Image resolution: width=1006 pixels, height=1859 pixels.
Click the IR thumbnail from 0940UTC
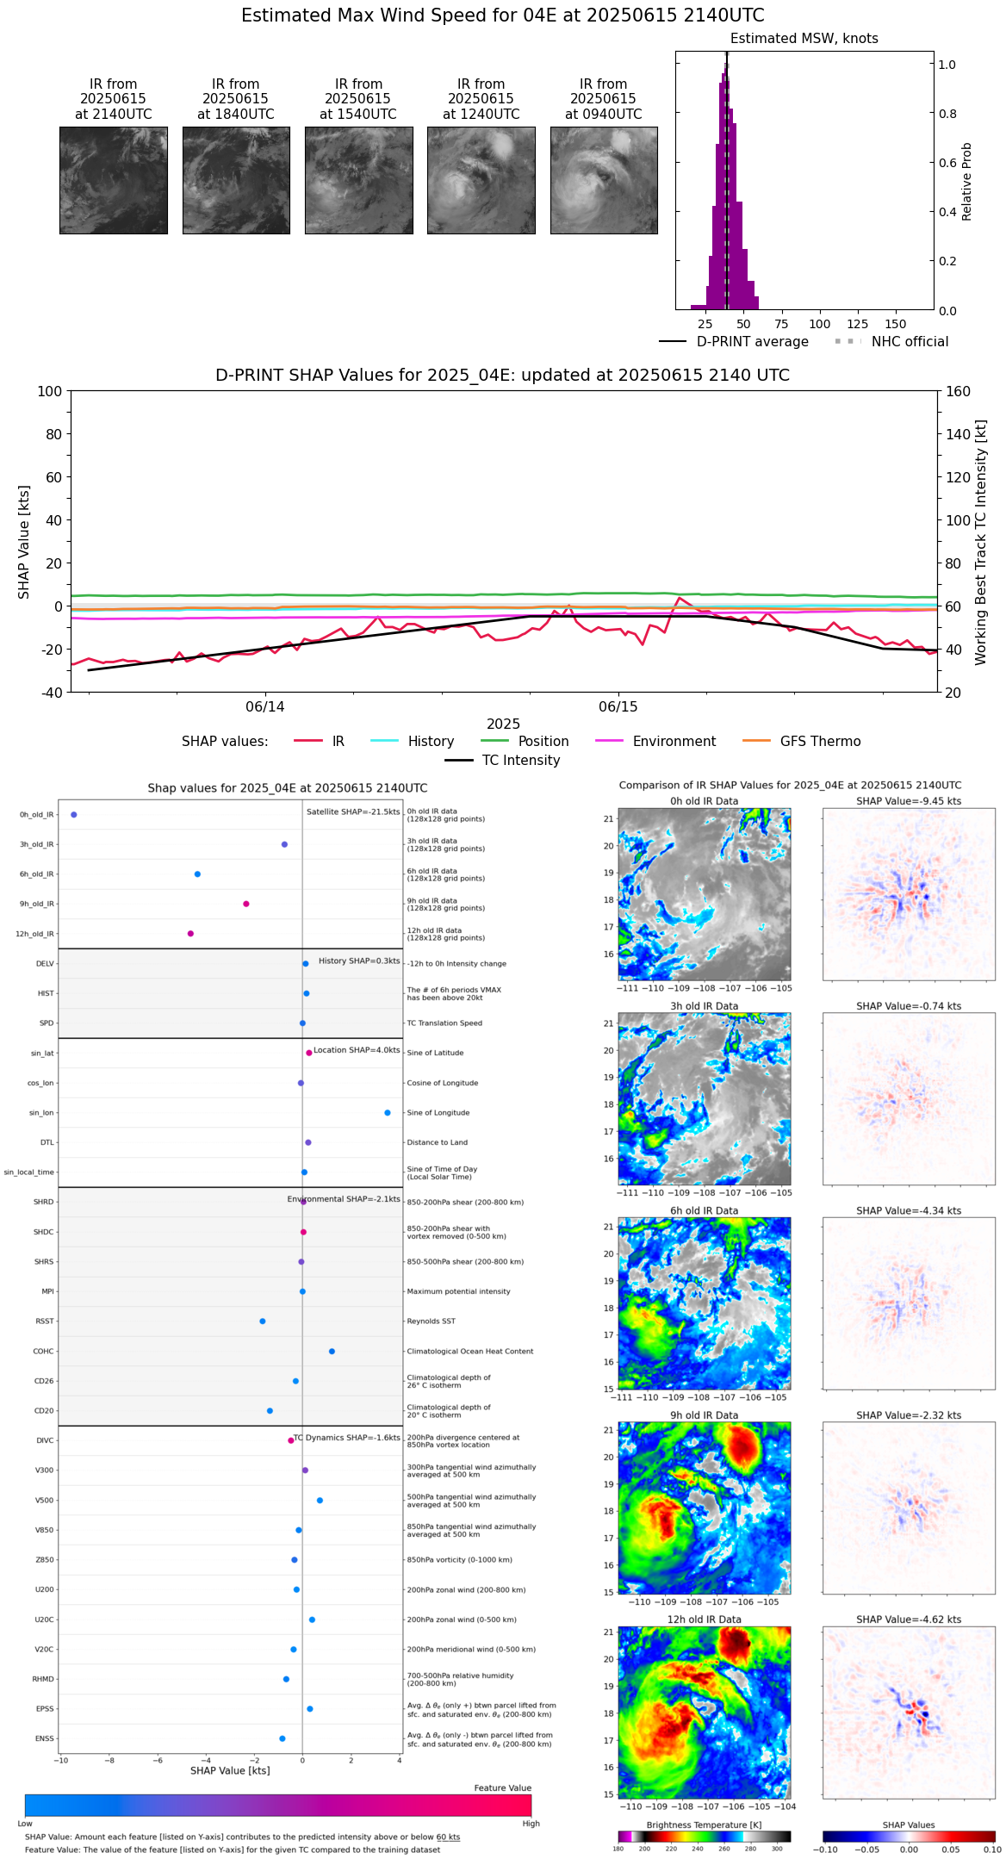click(604, 180)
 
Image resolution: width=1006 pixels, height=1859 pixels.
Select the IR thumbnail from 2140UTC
click(114, 180)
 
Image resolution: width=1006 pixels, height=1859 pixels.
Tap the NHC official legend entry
click(910, 342)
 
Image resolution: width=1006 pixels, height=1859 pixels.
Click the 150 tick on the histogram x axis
click(896, 324)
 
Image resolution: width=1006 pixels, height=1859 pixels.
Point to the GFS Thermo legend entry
click(820, 742)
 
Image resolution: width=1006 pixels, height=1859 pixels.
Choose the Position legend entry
click(543, 742)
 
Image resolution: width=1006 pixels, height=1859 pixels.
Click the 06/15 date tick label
click(618, 707)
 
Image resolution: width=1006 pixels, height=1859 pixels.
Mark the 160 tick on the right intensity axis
click(959, 392)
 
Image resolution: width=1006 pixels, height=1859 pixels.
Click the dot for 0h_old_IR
click(74, 815)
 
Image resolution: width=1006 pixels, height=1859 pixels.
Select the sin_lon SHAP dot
click(388, 1113)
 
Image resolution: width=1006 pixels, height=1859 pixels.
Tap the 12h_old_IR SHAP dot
click(190, 934)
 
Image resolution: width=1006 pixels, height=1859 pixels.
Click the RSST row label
click(44, 1321)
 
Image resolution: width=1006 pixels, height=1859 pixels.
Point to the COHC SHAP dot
click(332, 1352)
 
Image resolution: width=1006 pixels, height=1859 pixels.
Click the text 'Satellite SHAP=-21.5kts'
click(353, 812)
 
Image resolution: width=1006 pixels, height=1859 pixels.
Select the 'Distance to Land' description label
click(438, 1143)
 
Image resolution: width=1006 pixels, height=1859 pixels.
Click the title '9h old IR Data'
click(704, 1415)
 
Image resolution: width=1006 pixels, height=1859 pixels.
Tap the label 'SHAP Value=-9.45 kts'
click(909, 801)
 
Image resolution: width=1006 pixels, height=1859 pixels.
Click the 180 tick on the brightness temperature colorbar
click(618, 1849)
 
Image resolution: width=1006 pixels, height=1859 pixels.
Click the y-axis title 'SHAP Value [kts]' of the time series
click(24, 542)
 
